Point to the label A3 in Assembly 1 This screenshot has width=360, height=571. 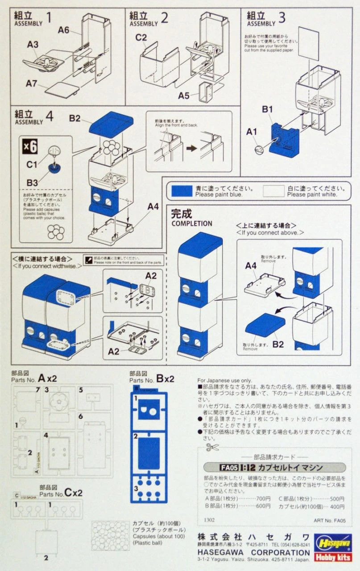click(x=33, y=44)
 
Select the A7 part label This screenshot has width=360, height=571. click(x=32, y=83)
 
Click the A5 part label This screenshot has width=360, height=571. click(x=184, y=95)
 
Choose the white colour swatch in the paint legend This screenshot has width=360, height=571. click(x=273, y=191)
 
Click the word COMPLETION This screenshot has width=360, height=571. click(x=192, y=223)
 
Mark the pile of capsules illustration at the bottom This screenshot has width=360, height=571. click(x=110, y=535)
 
